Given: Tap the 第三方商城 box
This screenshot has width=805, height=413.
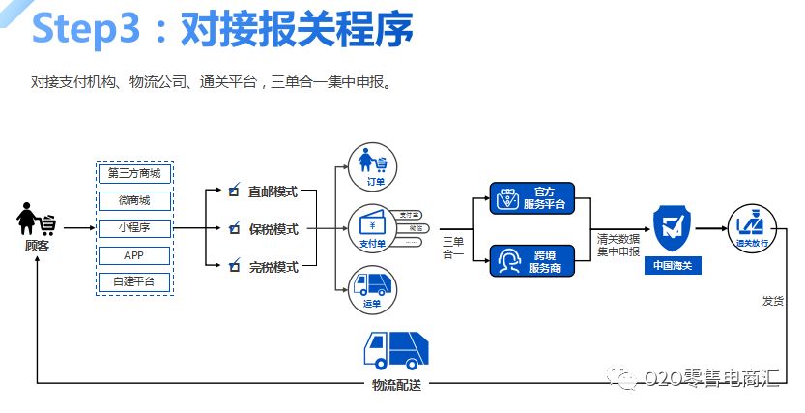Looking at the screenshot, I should pyautogui.click(x=134, y=174).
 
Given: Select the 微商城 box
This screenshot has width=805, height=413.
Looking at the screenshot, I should pyautogui.click(x=134, y=201).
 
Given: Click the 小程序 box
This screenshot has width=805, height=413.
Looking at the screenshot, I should pyautogui.click(x=134, y=228).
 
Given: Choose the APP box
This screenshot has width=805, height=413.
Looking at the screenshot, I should pyautogui.click(x=134, y=255).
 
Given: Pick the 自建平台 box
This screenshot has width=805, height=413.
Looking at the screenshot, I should pyautogui.click(x=134, y=281).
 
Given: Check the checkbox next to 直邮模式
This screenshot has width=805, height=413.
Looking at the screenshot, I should pyautogui.click(x=233, y=192).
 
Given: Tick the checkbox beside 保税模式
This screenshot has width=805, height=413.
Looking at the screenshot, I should pyautogui.click(x=233, y=229).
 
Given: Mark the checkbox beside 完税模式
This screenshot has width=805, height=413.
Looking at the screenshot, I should pyautogui.click(x=233, y=266).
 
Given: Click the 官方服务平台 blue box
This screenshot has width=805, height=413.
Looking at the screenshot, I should pyautogui.click(x=532, y=197).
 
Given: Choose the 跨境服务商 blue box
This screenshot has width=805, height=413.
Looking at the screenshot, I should pyautogui.click(x=532, y=260).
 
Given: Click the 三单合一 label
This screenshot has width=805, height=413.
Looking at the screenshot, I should pyautogui.click(x=452, y=248).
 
